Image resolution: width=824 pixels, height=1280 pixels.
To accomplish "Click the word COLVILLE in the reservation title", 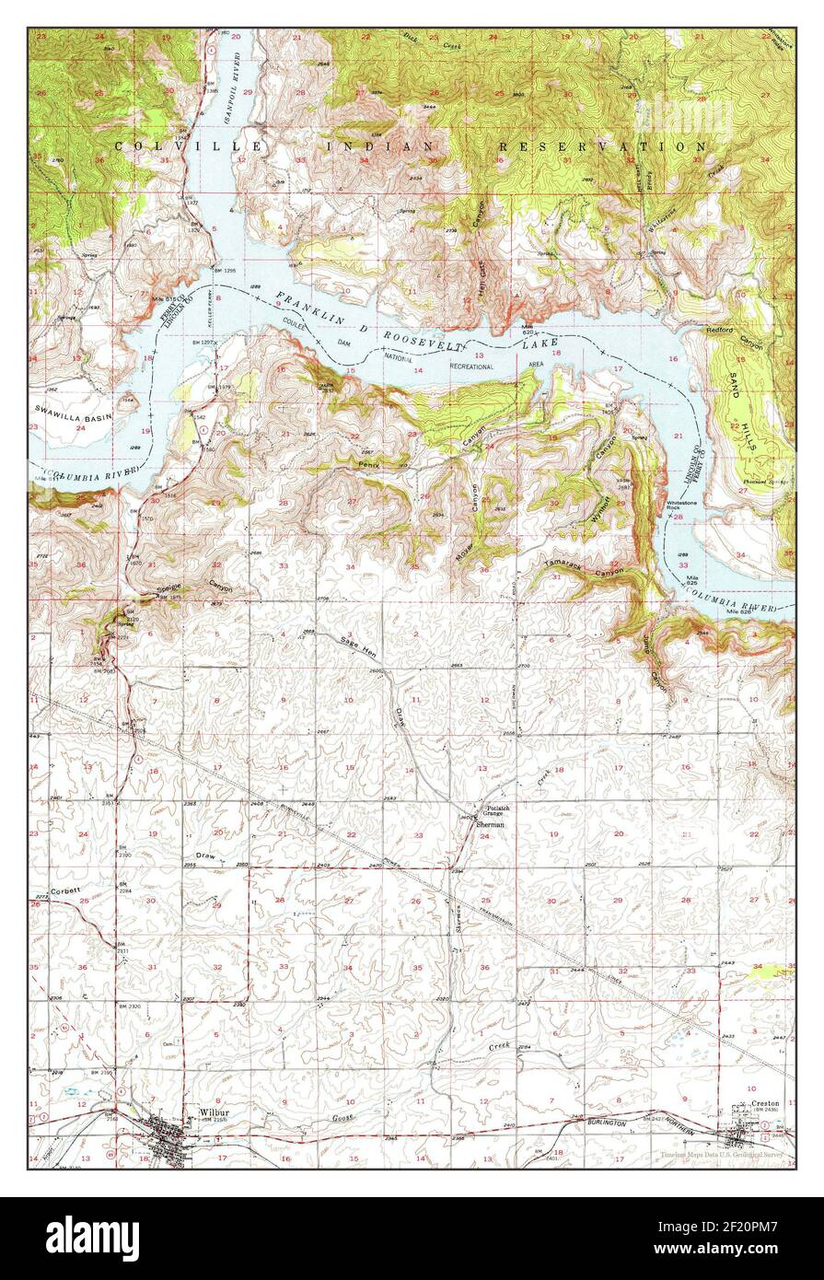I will coord(190,146).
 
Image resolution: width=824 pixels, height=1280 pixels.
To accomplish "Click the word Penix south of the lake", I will coord(369,466).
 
